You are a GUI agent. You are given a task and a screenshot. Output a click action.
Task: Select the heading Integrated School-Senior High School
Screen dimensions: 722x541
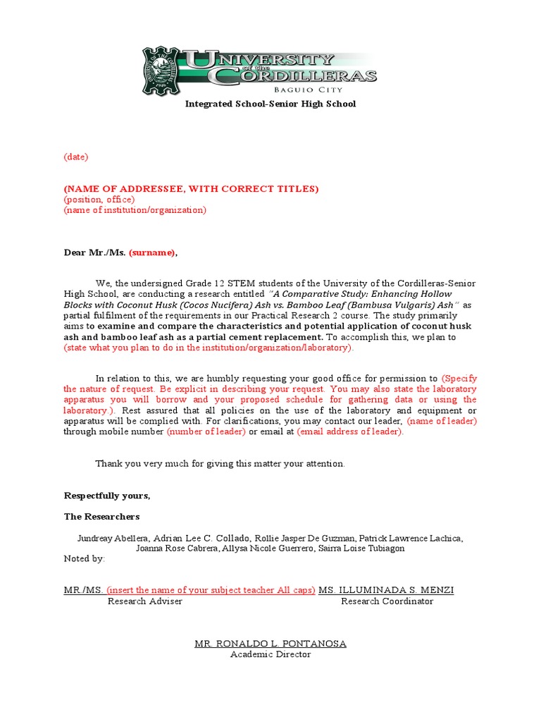pos(270,104)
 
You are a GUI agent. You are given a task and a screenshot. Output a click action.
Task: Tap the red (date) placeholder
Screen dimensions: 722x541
pos(76,157)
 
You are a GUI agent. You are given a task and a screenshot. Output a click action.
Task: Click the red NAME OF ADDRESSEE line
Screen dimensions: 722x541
pos(191,189)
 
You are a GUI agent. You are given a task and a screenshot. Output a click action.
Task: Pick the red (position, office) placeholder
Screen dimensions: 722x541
pos(99,200)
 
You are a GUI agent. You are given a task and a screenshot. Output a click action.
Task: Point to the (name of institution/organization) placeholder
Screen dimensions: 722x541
pos(135,210)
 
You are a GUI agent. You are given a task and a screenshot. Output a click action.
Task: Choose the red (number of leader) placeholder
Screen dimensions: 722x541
pos(206,432)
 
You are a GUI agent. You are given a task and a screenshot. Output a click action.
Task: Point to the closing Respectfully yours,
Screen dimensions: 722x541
pos(107,496)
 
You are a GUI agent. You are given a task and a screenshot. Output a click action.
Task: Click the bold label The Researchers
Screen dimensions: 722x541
pos(102,517)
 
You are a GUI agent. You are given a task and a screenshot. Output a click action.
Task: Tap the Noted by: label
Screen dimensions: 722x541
pos(85,558)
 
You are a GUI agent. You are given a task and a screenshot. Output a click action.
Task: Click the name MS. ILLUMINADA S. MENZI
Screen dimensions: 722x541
pos(386,590)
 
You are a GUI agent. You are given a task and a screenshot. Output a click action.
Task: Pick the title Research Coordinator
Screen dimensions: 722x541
pos(387,601)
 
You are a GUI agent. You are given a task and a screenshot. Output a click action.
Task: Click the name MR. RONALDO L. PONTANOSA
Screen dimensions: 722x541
pos(270,644)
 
